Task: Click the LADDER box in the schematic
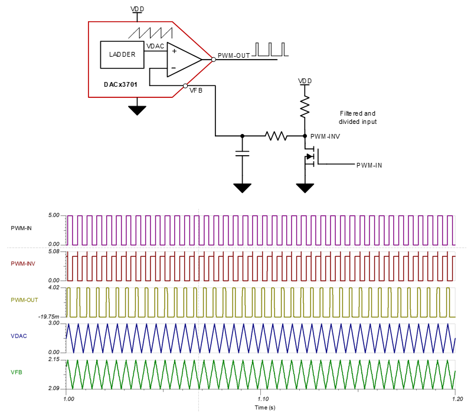click(122, 54)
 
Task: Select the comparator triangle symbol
click(183, 59)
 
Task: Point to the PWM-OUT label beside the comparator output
click(234, 56)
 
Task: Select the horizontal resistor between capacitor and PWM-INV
click(276, 136)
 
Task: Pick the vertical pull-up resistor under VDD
click(305, 108)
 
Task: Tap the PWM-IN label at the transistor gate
click(369, 165)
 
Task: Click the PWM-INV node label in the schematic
click(326, 136)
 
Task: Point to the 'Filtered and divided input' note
click(357, 117)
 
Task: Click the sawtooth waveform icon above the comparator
click(151, 32)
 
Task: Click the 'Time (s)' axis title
click(260, 408)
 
